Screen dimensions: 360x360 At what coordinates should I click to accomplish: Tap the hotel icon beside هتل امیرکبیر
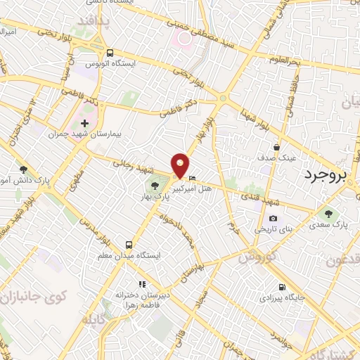193,176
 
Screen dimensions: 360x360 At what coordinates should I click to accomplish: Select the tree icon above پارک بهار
155,186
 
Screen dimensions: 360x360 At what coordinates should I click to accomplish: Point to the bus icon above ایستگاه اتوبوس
110,53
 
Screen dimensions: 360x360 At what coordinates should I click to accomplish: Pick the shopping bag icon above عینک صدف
278,148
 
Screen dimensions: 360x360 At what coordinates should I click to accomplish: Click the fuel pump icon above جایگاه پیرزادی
282,287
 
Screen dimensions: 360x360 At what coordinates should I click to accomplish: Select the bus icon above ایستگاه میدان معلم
129,244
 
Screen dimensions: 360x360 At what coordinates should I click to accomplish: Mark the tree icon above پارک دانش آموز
23,169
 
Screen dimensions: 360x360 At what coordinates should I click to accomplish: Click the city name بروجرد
331,175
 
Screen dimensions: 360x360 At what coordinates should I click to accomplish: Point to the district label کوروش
254,258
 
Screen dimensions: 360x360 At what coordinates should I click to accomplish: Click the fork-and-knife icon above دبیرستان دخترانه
142,285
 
